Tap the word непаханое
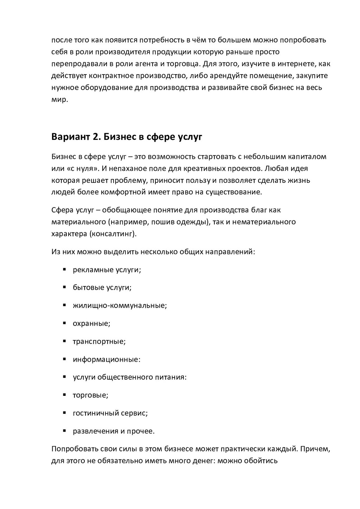click(128, 168)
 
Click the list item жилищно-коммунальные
click(120, 305)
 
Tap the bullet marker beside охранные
click(65, 323)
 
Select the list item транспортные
click(99, 341)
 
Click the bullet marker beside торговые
click(65, 394)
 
